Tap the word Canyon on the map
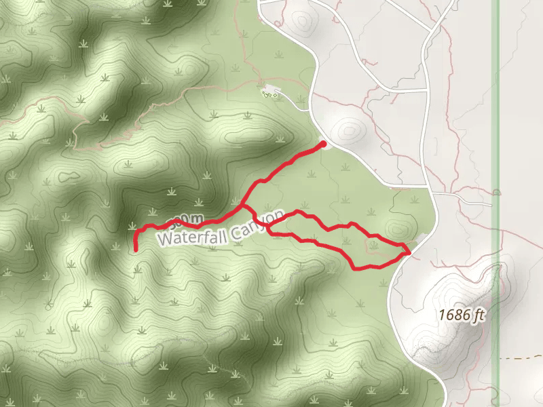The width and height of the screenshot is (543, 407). click(x=257, y=225)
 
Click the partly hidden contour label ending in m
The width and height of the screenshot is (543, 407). click(x=187, y=219)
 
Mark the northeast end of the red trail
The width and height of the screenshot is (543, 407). click(x=323, y=144)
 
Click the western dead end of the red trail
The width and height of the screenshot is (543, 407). click(x=136, y=250)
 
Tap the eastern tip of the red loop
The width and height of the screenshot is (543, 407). click(x=409, y=252)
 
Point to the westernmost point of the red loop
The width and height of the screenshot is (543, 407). click(x=267, y=227)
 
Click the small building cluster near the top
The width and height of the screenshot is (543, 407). click(x=271, y=91)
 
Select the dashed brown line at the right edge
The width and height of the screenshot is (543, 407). click(x=523, y=357)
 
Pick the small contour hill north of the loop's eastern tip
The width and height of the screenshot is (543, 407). click(x=396, y=227)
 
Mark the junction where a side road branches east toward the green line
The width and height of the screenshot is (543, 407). click(x=435, y=193)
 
